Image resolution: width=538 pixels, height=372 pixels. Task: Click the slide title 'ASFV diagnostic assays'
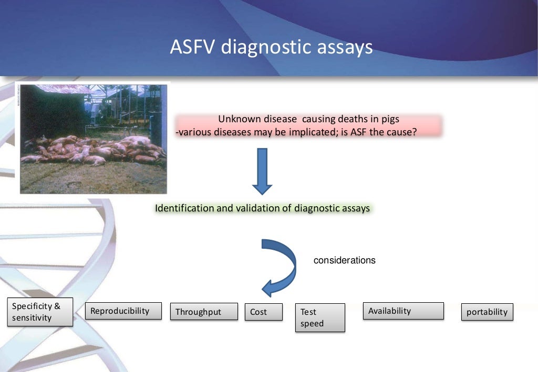point(271,47)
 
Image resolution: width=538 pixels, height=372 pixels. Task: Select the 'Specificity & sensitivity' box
point(40,312)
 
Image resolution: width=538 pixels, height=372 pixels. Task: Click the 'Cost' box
point(263,312)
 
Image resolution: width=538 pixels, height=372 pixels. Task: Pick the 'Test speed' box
point(320,317)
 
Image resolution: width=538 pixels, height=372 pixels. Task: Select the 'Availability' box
point(403,311)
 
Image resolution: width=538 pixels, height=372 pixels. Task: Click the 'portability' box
point(487,312)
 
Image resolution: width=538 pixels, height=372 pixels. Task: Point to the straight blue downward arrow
point(262,171)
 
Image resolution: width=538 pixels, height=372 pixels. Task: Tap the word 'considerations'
point(344,260)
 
